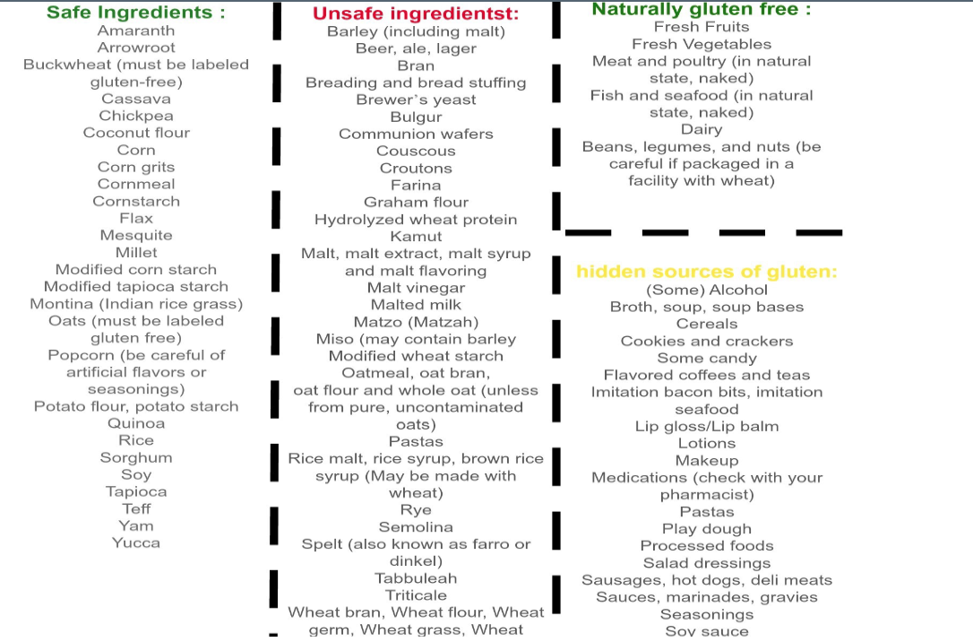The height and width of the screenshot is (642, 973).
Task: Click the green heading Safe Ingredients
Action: tap(135, 13)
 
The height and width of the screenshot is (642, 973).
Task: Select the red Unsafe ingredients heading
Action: tap(416, 14)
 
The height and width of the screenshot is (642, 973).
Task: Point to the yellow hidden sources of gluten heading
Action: tap(706, 272)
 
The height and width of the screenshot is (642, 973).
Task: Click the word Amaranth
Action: tap(136, 30)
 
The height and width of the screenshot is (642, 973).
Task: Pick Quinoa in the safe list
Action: tap(136, 423)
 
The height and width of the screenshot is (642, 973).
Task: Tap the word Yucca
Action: tap(136, 542)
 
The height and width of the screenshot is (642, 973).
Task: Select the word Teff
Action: tap(136, 508)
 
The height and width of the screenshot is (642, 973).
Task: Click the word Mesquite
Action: tap(136, 235)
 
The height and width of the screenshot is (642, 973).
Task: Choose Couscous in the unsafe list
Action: tap(416, 151)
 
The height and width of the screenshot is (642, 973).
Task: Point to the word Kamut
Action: tap(416, 237)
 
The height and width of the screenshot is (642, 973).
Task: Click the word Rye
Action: tap(416, 510)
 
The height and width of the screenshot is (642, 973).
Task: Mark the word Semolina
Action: tap(416, 527)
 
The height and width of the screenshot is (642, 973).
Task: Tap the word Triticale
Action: tap(416, 595)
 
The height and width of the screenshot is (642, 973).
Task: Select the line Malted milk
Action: tap(416, 305)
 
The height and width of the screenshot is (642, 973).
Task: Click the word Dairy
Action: tap(702, 130)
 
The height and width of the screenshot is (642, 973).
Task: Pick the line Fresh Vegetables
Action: tap(702, 44)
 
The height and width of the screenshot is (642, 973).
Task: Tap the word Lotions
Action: tap(707, 443)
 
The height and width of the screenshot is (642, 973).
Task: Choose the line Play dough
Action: tap(707, 529)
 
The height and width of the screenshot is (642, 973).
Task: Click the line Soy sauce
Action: tap(707, 631)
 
